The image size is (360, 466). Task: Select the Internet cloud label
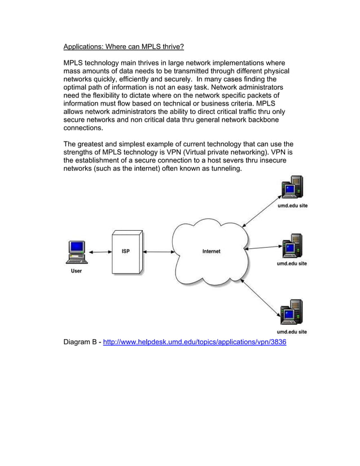212,251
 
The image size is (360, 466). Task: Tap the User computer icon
76,252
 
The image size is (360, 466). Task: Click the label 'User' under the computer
76,271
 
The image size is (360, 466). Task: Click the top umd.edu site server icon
292,188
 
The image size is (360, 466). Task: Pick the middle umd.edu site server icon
292,246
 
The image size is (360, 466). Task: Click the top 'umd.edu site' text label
292,206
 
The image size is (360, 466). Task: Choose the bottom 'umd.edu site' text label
292,332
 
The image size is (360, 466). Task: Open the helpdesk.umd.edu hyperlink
195,342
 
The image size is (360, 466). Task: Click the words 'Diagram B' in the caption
80,342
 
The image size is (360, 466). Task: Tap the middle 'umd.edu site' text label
292,263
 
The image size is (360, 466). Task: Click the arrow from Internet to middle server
263,247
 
